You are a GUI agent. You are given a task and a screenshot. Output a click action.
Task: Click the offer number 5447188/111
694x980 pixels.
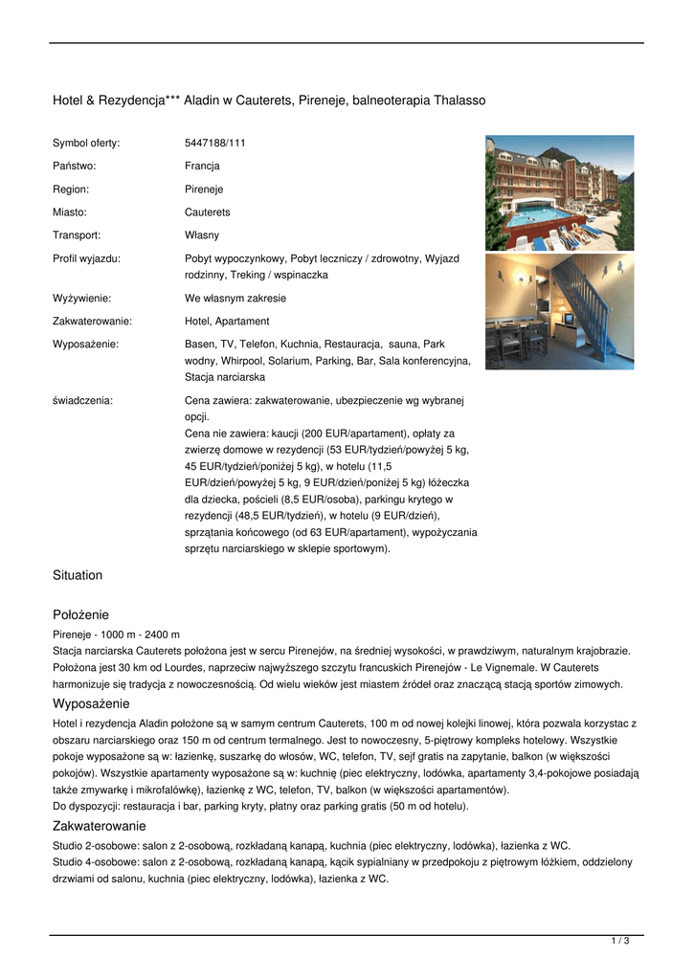coord(214,143)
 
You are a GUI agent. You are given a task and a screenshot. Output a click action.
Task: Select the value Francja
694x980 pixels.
coord(202,166)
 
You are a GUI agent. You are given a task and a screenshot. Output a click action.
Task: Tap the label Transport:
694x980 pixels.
coord(77,234)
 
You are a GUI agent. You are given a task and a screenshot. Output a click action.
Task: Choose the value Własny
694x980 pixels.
coord(202,234)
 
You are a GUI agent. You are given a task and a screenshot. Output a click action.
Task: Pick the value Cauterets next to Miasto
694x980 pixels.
coord(207,212)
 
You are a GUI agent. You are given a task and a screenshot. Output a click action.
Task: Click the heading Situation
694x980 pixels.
coord(78,575)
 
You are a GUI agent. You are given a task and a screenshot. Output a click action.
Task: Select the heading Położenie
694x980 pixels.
coord(80,614)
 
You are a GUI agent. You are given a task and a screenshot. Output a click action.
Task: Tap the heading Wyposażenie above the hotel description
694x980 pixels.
coord(90,703)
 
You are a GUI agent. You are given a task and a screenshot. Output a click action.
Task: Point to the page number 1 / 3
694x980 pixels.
coord(620,942)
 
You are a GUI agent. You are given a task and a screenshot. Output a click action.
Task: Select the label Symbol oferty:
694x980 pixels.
coord(86,143)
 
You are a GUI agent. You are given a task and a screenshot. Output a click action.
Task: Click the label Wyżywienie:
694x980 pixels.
coord(81,298)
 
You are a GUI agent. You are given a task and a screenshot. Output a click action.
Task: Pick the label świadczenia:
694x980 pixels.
coord(82,400)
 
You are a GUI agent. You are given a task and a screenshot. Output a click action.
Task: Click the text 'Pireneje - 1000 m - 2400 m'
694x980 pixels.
coord(117,635)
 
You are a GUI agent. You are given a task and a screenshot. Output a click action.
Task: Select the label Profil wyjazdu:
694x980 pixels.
coord(86,257)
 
